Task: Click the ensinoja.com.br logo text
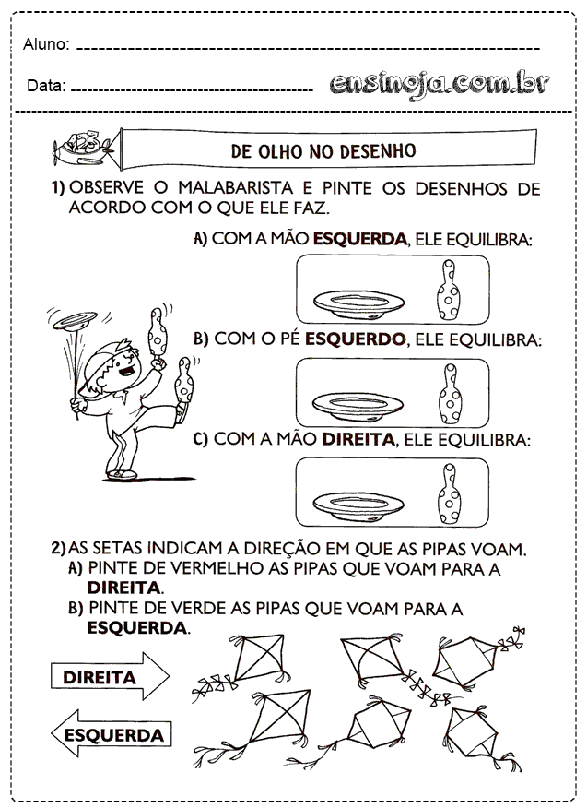pyautogui.click(x=439, y=83)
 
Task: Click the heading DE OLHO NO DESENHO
pyautogui.click(x=323, y=150)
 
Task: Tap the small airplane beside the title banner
pyautogui.click(x=80, y=145)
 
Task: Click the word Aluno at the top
pyautogui.click(x=46, y=44)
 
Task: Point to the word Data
pyautogui.click(x=45, y=86)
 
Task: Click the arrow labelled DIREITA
pyautogui.click(x=110, y=677)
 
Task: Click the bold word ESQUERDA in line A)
pyautogui.click(x=360, y=239)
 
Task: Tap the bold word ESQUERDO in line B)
pyautogui.click(x=356, y=339)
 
